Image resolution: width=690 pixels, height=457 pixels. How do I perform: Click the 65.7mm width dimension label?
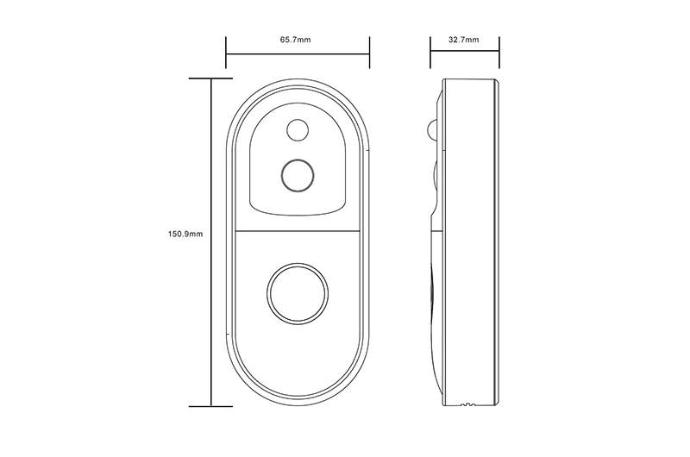coord(295,40)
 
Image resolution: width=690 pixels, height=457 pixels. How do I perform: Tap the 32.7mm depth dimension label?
coord(464,40)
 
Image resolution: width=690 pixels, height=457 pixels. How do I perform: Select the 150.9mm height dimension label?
coord(185,234)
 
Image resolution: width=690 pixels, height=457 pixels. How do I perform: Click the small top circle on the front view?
coord(298,130)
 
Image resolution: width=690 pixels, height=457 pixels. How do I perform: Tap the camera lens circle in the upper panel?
coord(298,176)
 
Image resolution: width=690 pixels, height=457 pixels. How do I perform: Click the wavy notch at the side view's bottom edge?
coord(467,404)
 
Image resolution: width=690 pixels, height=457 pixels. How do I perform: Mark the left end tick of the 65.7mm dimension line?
coord(226,53)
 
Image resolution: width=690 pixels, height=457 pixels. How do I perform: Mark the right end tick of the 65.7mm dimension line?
coord(369,53)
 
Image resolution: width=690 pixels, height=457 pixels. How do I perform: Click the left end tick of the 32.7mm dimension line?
coord(430,53)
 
